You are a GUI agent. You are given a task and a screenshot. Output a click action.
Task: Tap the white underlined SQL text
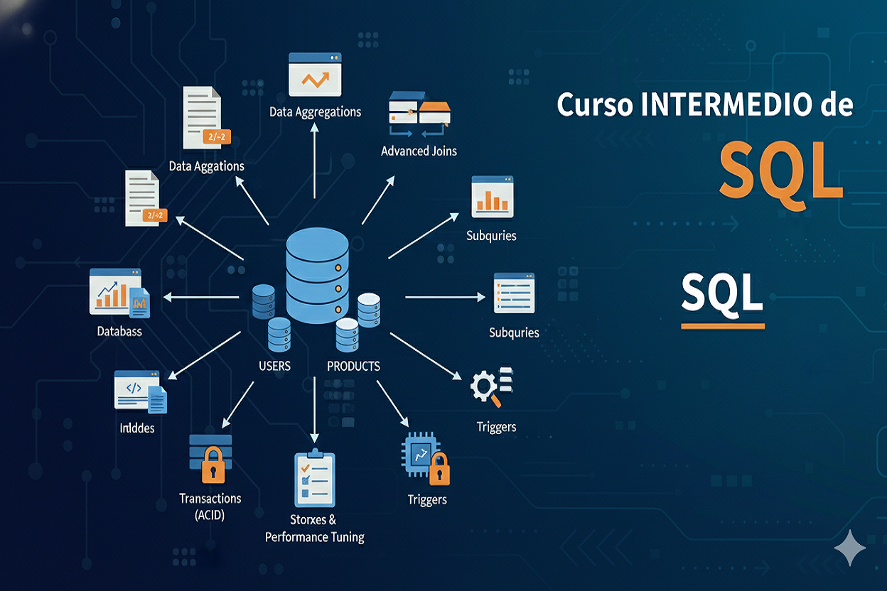pos(722,293)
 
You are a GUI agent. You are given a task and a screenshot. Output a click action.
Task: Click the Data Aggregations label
pos(315,112)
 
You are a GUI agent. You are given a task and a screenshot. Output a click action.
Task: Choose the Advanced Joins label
pos(419,151)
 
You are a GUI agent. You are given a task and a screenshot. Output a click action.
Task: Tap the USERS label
pos(274,367)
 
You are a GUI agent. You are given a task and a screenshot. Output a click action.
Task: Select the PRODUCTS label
pos(353,367)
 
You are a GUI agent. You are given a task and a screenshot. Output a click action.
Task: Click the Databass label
pos(119,331)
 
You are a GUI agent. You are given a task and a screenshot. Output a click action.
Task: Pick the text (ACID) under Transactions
pos(210,516)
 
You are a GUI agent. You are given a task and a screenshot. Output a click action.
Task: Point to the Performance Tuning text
pos(314,537)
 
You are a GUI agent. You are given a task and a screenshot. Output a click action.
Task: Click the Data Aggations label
pos(206,166)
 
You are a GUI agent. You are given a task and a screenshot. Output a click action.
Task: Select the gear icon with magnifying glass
pos(485,388)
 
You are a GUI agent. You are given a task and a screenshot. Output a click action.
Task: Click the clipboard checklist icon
pos(313,479)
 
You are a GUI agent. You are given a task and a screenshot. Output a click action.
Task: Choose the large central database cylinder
pos(318,278)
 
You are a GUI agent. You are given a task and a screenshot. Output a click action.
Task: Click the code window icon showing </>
pos(136,389)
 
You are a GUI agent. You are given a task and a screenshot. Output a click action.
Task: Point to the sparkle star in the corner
pos(850,548)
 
